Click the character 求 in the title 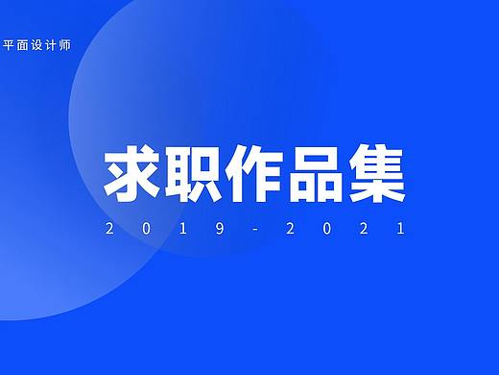[130, 174]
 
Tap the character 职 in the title [191, 174]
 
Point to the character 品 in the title [313, 174]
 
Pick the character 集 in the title [375, 174]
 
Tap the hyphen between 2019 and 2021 [252, 229]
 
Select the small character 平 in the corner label [11, 43]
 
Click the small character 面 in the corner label [24, 43]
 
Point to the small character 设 [37, 43]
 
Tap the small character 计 [51, 43]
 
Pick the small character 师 [63, 43]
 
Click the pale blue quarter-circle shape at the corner [29, 279]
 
